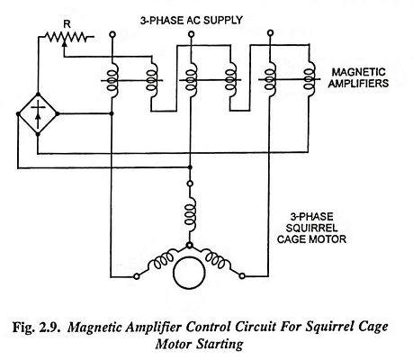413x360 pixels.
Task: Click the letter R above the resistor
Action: tap(67, 24)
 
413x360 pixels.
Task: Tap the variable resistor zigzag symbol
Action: tap(66, 37)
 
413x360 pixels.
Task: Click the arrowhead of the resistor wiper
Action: tap(64, 43)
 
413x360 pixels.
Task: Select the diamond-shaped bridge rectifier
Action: tap(38, 114)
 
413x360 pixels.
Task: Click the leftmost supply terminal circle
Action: tap(112, 34)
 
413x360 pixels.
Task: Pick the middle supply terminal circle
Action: tap(191, 34)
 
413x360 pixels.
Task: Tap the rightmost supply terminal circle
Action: tap(270, 32)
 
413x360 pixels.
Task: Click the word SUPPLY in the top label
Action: tap(222, 21)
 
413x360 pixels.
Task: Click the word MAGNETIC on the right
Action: tap(358, 72)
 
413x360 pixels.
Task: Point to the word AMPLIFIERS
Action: tap(358, 84)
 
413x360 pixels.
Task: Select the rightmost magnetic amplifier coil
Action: tap(309, 79)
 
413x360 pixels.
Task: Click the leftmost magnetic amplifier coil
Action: tap(112, 80)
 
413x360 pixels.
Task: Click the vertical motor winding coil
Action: tap(190, 214)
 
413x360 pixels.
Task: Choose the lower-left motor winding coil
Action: tap(160, 260)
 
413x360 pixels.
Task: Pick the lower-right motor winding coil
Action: tap(218, 259)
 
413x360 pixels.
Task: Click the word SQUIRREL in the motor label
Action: tap(311, 228)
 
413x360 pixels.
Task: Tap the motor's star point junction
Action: tap(189, 246)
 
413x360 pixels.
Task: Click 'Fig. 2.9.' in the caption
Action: tap(36, 327)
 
